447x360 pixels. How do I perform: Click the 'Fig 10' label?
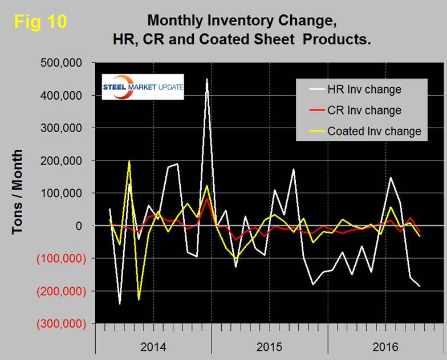tap(40, 22)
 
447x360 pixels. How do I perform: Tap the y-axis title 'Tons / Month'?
tap(18, 192)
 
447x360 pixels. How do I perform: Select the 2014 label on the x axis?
tap(153, 346)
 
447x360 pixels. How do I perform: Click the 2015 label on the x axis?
tap(270, 346)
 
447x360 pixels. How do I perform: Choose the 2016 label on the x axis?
tap(386, 346)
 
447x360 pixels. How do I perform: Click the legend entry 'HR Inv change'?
tap(365, 89)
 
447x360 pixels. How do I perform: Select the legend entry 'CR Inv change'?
tap(365, 110)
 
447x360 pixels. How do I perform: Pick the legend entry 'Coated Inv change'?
tap(374, 131)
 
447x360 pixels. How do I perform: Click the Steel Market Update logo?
tap(142, 87)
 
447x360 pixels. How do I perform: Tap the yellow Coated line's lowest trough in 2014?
tap(139, 299)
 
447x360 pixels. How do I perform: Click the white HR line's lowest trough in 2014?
tap(120, 304)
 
